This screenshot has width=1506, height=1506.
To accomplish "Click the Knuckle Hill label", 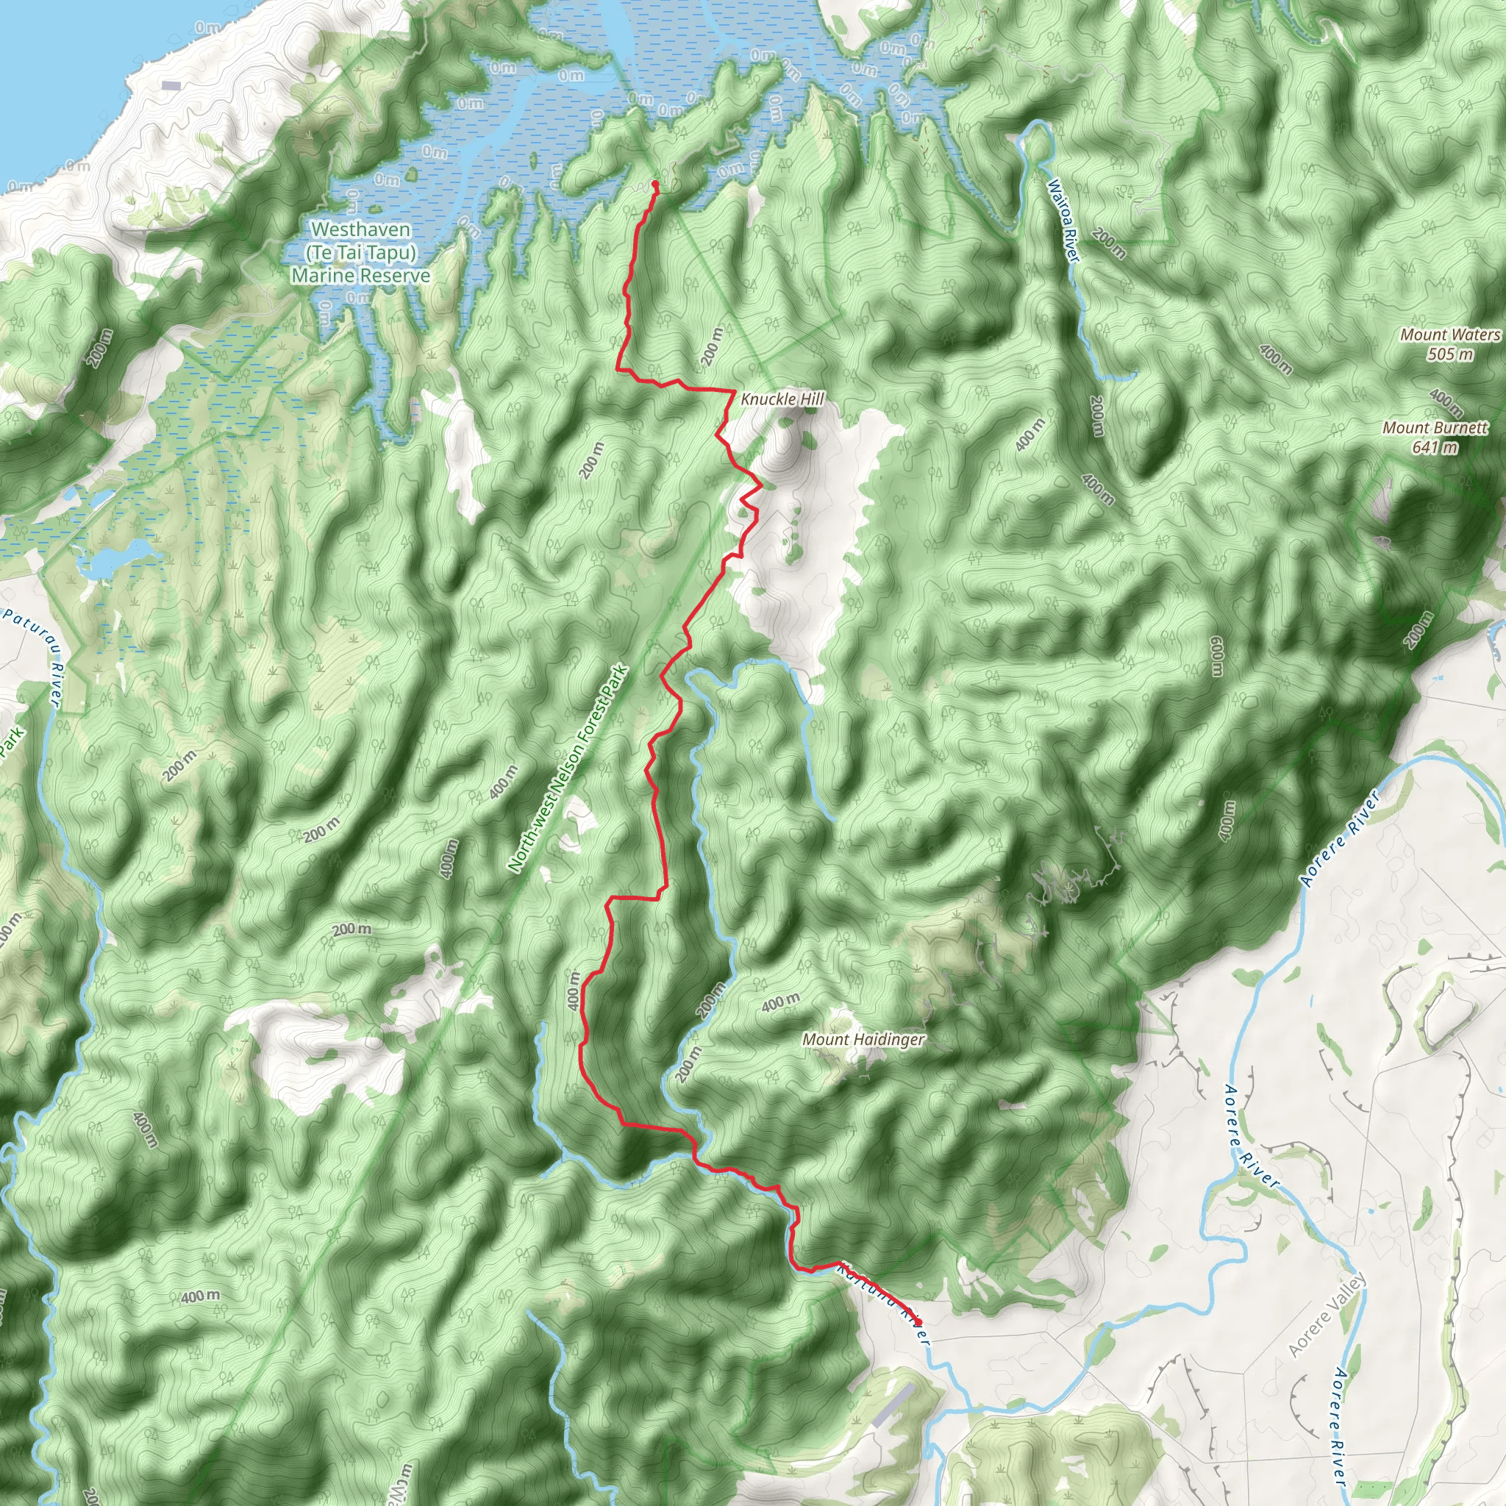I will coord(782,399).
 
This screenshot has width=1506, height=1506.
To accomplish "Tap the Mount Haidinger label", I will coord(863,1039).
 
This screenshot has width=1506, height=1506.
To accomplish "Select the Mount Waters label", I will coord(1450,335).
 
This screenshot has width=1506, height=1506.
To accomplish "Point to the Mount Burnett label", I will coord(1435,427).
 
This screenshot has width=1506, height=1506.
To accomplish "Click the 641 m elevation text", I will coord(1435,447).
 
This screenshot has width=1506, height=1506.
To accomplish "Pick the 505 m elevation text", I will coord(1451,354).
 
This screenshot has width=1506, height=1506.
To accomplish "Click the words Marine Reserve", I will coord(361,275).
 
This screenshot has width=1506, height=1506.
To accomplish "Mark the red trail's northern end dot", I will coord(655,184).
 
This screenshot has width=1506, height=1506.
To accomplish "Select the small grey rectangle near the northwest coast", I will coord(171,86).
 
